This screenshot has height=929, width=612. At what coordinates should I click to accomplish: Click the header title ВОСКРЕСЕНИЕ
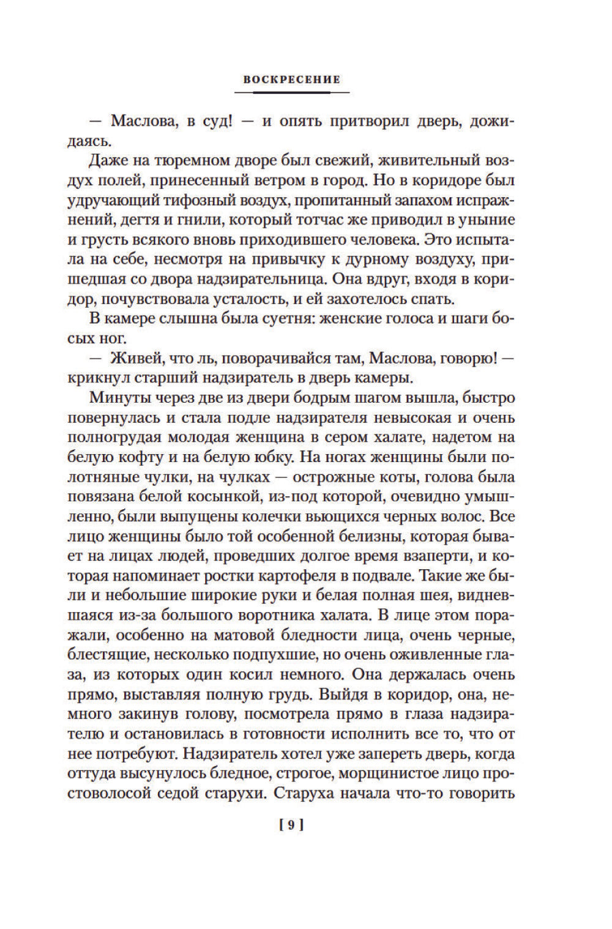coord(291,79)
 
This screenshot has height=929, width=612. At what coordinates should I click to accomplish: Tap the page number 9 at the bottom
coord(291,826)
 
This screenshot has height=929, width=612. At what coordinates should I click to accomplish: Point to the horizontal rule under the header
coord(291,92)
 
